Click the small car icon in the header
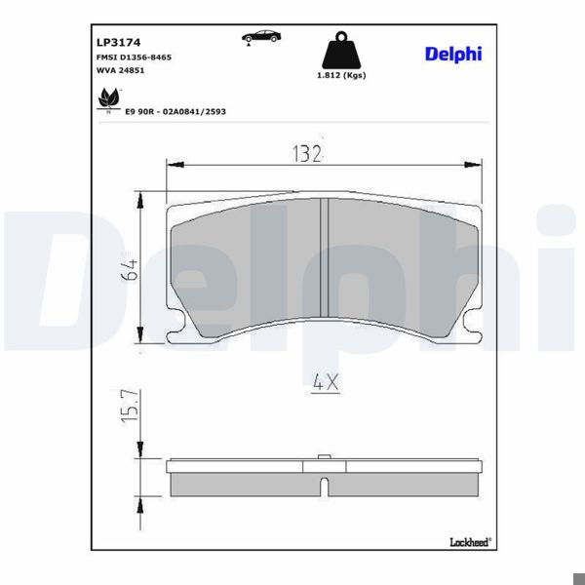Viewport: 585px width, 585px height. coord(259,37)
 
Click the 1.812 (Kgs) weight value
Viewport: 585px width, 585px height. coord(341,75)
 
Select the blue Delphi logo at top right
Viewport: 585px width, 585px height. coord(452,54)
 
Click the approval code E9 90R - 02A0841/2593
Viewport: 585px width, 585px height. coord(175,112)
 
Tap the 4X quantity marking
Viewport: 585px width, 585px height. coord(326,383)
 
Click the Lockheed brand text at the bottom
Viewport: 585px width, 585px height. coord(469,542)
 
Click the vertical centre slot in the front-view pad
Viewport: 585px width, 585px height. coord(323,259)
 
